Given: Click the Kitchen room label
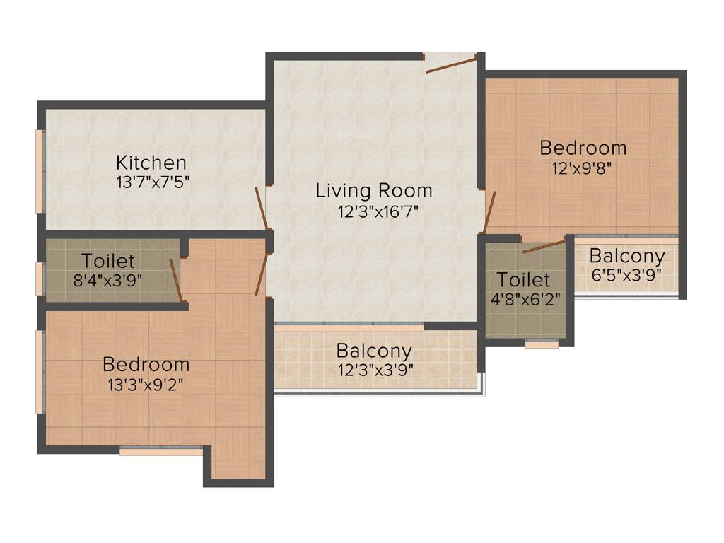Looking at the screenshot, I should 151,163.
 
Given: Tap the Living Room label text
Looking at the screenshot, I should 373,190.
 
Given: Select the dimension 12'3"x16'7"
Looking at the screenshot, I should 373,211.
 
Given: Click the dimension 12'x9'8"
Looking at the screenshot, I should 583,168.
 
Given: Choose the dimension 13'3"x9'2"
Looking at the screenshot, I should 146,385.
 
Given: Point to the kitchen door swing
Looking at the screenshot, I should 261,208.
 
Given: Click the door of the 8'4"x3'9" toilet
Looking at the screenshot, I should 176,280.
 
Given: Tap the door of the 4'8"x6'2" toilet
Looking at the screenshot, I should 544,247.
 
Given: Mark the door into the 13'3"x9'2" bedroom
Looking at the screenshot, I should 261,274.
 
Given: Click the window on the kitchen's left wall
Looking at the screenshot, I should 40,171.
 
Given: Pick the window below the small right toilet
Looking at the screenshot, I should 542,345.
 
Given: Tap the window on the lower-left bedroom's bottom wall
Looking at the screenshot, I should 161,451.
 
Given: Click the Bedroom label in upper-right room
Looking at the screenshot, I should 583,148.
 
